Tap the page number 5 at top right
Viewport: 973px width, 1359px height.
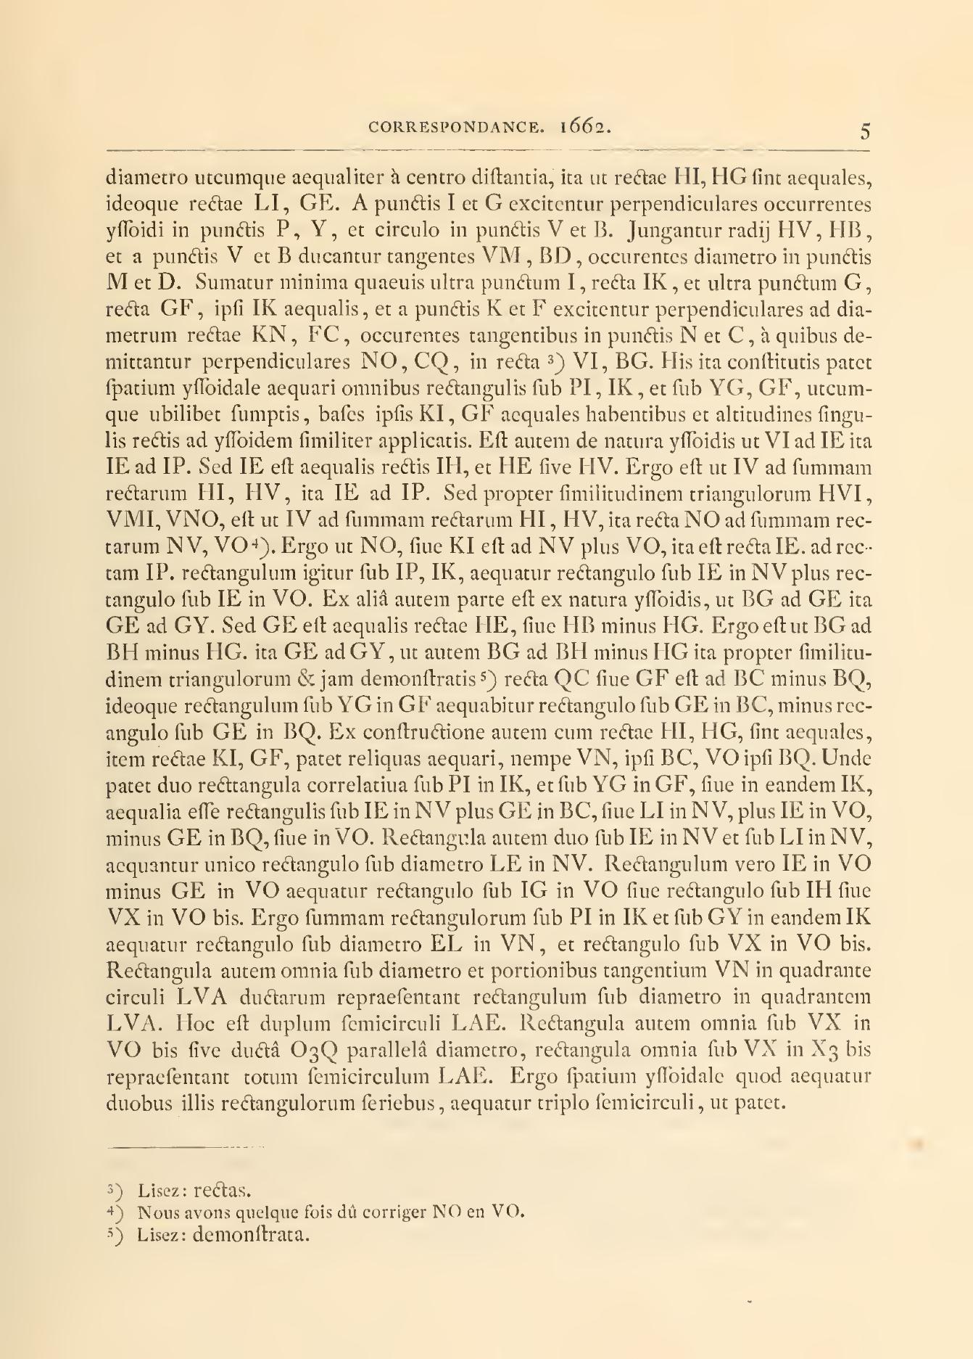coord(865,132)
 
